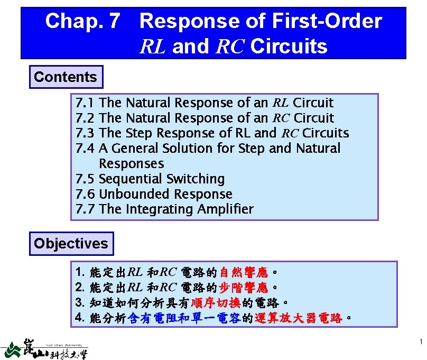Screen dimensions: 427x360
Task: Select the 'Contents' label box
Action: (x=66, y=77)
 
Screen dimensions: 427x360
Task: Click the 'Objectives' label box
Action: (x=71, y=244)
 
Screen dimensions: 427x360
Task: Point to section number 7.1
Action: (x=86, y=103)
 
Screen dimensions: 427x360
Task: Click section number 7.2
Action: (x=86, y=118)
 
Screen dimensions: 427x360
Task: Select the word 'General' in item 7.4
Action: (x=134, y=149)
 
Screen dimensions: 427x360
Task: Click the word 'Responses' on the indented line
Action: (x=131, y=164)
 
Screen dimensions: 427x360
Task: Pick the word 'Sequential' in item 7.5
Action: (x=131, y=179)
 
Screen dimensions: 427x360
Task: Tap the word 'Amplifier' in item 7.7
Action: (x=225, y=209)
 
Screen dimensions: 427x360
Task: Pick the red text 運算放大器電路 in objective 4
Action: (x=298, y=319)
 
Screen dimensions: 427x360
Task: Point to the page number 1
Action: (x=420, y=343)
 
